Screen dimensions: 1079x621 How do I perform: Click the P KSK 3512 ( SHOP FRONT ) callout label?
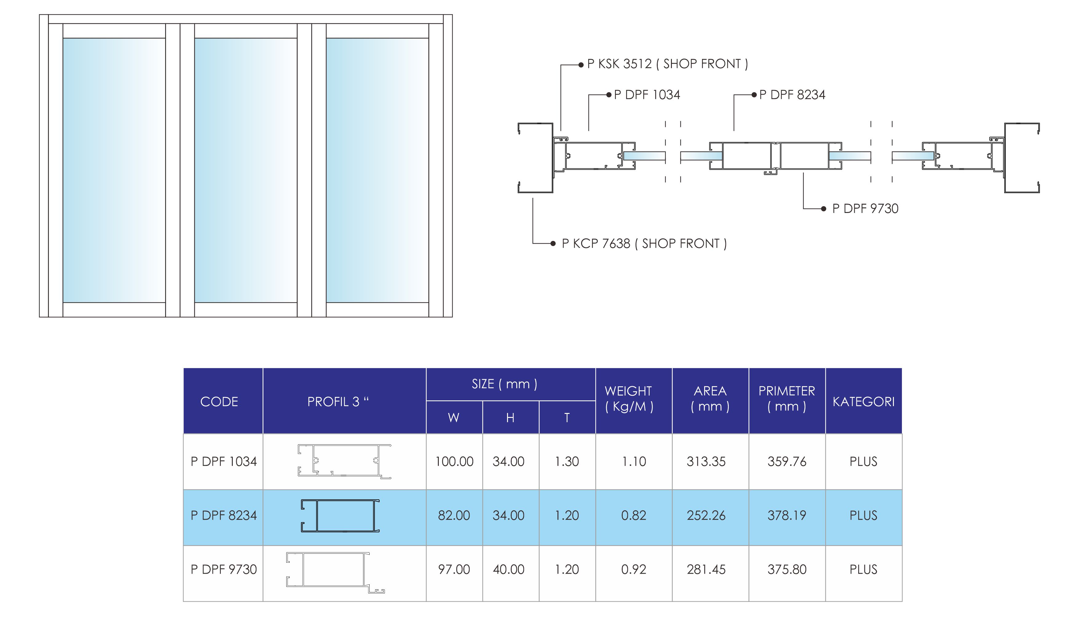point(667,64)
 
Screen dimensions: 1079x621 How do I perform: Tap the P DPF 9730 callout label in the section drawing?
point(865,209)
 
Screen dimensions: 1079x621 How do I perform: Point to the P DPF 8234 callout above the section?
point(792,95)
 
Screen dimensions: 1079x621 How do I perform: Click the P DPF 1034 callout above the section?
point(647,95)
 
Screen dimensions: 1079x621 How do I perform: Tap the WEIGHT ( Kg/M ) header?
point(629,399)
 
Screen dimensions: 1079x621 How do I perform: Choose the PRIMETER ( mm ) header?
point(787,399)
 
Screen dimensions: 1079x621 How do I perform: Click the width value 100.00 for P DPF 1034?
point(454,462)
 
